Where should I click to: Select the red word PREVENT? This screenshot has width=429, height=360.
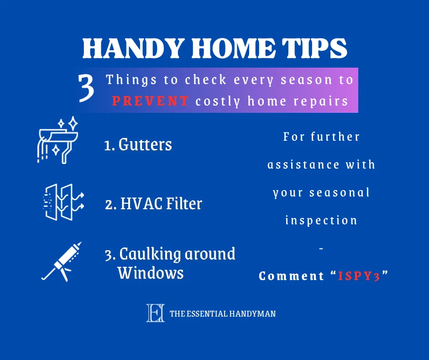[150, 101]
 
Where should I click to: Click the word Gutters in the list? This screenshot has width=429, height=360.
[145, 145]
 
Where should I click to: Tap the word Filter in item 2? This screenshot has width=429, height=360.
[183, 204]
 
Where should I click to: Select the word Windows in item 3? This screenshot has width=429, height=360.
[151, 273]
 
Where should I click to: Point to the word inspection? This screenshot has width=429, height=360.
[321, 221]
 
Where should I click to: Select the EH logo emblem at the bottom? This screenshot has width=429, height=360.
[155, 313]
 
